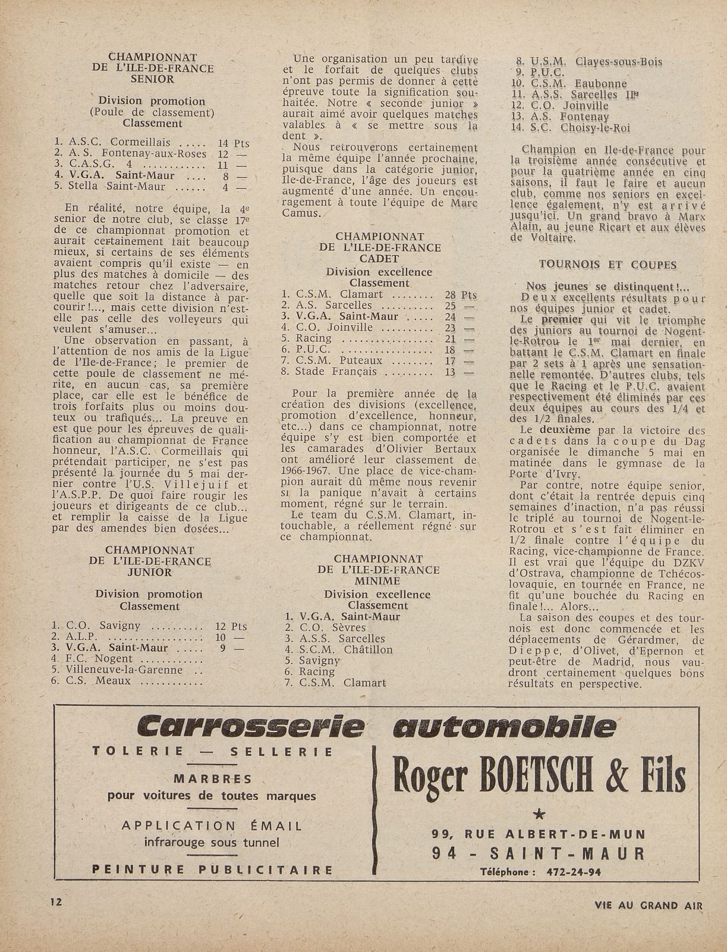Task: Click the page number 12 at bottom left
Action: [57, 901]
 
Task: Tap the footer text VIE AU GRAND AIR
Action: [649, 906]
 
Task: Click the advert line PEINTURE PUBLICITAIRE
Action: [212, 869]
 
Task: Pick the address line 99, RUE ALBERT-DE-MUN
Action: [539, 834]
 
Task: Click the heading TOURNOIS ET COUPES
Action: [608, 265]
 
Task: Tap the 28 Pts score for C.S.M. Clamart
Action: [461, 294]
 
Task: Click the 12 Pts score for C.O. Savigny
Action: [231, 626]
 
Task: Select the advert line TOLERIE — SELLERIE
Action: [212, 751]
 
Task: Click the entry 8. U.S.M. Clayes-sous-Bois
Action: [588, 62]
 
